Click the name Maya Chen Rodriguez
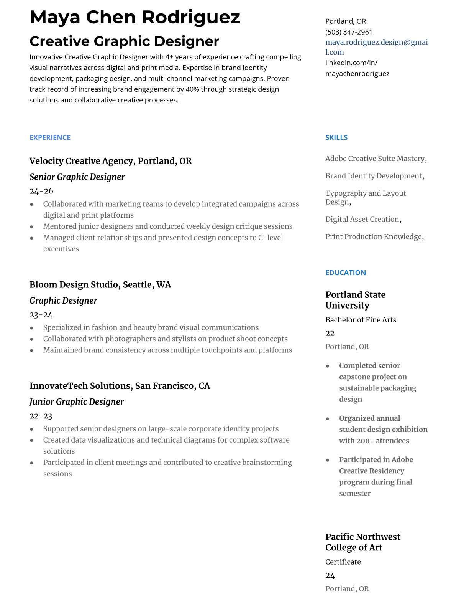point(134,18)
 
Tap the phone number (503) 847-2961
point(349,32)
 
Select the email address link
point(376,47)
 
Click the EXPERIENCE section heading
point(50,137)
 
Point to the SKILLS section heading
point(336,137)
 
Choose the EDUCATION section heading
point(345,273)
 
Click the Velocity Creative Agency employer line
point(110,161)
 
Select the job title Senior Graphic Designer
point(77,177)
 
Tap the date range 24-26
point(41,191)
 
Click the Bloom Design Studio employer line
point(100,284)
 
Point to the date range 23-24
point(41,315)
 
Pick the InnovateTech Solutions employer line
point(120,386)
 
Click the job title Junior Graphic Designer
point(76,402)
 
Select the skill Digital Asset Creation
point(362,219)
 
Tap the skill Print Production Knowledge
point(374,236)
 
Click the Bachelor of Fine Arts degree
point(361,320)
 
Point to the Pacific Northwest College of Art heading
point(362,542)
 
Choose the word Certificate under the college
point(343,562)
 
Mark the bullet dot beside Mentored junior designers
point(32,227)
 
